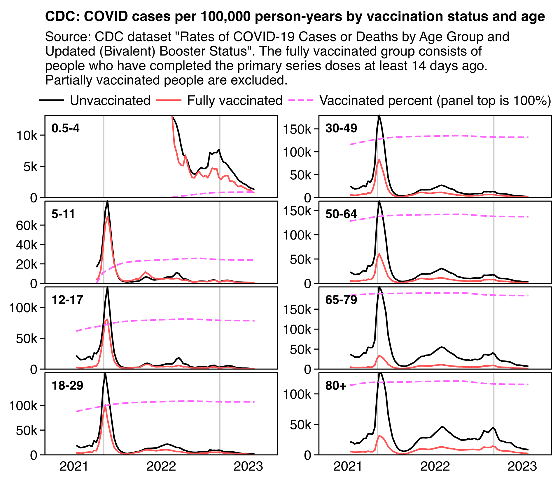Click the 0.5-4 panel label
65,128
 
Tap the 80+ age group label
336,386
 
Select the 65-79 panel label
341,300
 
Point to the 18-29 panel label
67,386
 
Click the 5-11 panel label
63,214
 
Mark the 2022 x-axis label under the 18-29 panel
161,467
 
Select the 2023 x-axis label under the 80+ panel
522,467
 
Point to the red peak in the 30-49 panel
379,159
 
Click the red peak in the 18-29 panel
105,405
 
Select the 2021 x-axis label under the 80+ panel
348,467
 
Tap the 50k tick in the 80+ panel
301,425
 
